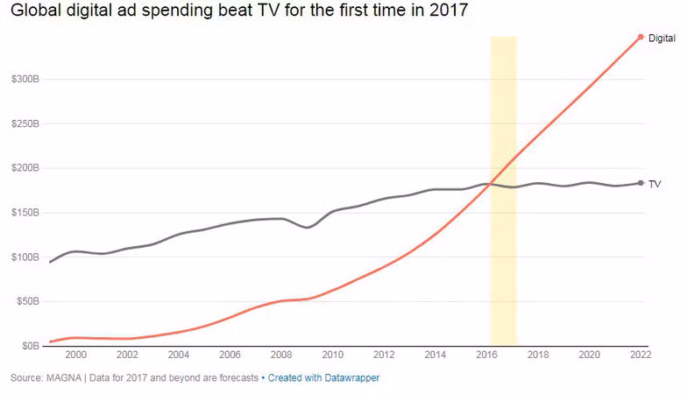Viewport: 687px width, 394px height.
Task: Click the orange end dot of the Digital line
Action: tap(641, 37)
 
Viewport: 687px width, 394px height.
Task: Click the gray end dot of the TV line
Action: tap(641, 183)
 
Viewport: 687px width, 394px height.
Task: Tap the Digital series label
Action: tap(662, 39)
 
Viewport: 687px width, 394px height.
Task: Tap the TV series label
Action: tap(654, 184)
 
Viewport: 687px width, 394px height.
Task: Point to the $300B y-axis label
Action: tap(25, 79)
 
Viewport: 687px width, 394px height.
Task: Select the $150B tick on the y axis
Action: tap(25, 213)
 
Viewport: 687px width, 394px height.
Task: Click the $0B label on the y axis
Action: tap(31, 346)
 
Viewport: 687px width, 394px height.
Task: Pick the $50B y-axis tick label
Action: tap(28, 301)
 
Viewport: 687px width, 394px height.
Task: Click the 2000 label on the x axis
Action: tap(75, 355)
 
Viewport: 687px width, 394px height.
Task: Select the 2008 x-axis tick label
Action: tap(281, 355)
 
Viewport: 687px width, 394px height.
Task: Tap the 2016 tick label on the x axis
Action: tap(487, 355)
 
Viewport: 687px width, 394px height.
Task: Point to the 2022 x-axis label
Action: tap(641, 355)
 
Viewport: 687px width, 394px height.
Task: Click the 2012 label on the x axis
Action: tap(384, 355)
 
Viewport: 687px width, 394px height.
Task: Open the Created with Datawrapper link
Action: tap(323, 378)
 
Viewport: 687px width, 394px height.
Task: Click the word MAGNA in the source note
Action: tap(64, 378)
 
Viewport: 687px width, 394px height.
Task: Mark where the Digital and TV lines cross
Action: tap(492, 184)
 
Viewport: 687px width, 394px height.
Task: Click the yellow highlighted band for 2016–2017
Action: tap(503, 191)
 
